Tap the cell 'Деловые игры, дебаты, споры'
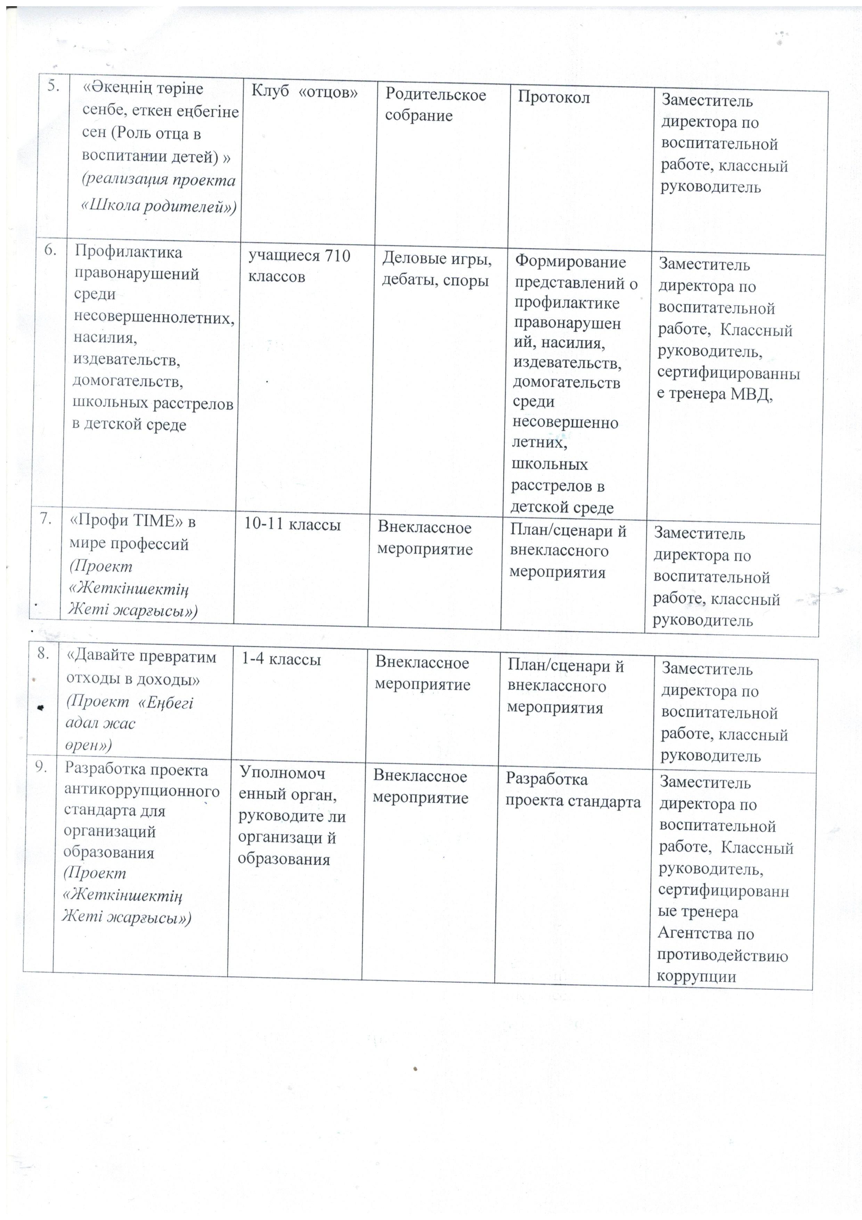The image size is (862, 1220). [x=437, y=270]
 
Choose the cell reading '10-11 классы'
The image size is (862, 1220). [x=292, y=524]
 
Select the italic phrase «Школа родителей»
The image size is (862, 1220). [x=158, y=206]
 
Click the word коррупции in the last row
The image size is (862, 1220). [x=696, y=977]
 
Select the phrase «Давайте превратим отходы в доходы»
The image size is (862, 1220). [x=141, y=668]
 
